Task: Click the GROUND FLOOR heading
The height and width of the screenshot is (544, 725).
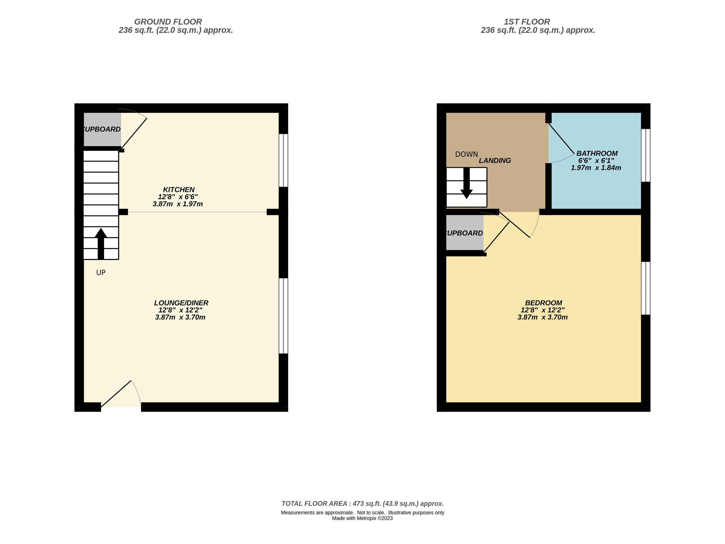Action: pos(168,22)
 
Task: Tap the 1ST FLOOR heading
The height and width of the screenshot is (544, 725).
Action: pos(526,22)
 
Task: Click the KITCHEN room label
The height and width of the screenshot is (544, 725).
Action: pos(179,189)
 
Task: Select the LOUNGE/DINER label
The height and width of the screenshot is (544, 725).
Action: pos(181,303)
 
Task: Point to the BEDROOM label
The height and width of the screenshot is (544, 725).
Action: pos(543,303)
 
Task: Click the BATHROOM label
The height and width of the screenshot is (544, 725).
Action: pos(597,153)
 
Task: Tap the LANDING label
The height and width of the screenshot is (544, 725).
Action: pos(495,160)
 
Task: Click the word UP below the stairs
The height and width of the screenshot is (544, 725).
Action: pos(101,273)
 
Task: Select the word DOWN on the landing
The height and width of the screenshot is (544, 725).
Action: pos(466,154)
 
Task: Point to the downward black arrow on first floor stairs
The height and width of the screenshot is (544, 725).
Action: pos(466,183)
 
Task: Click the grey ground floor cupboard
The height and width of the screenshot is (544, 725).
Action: pos(102,130)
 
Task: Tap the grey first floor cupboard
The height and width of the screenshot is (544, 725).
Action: pos(465,233)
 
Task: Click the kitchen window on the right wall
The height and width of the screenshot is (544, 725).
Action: pos(283,160)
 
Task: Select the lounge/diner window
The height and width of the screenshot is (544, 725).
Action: pos(283,316)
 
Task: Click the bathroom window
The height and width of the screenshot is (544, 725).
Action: pos(645,155)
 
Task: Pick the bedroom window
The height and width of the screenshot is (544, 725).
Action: pos(645,288)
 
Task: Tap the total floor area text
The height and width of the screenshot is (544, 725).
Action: pos(362,504)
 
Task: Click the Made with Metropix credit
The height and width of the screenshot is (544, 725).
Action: pos(362,518)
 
